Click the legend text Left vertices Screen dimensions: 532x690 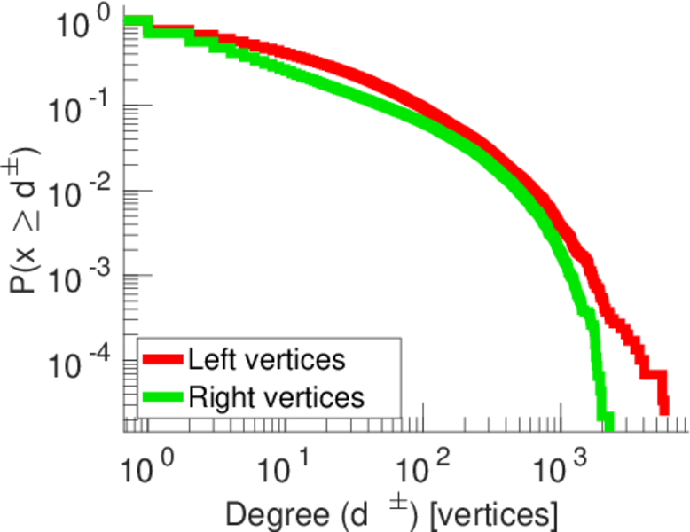click(266, 359)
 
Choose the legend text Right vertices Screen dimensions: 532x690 click(276, 397)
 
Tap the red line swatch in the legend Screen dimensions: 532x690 click(161, 359)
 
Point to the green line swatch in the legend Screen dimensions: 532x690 click(161, 397)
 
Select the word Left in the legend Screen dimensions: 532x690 click(208, 359)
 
